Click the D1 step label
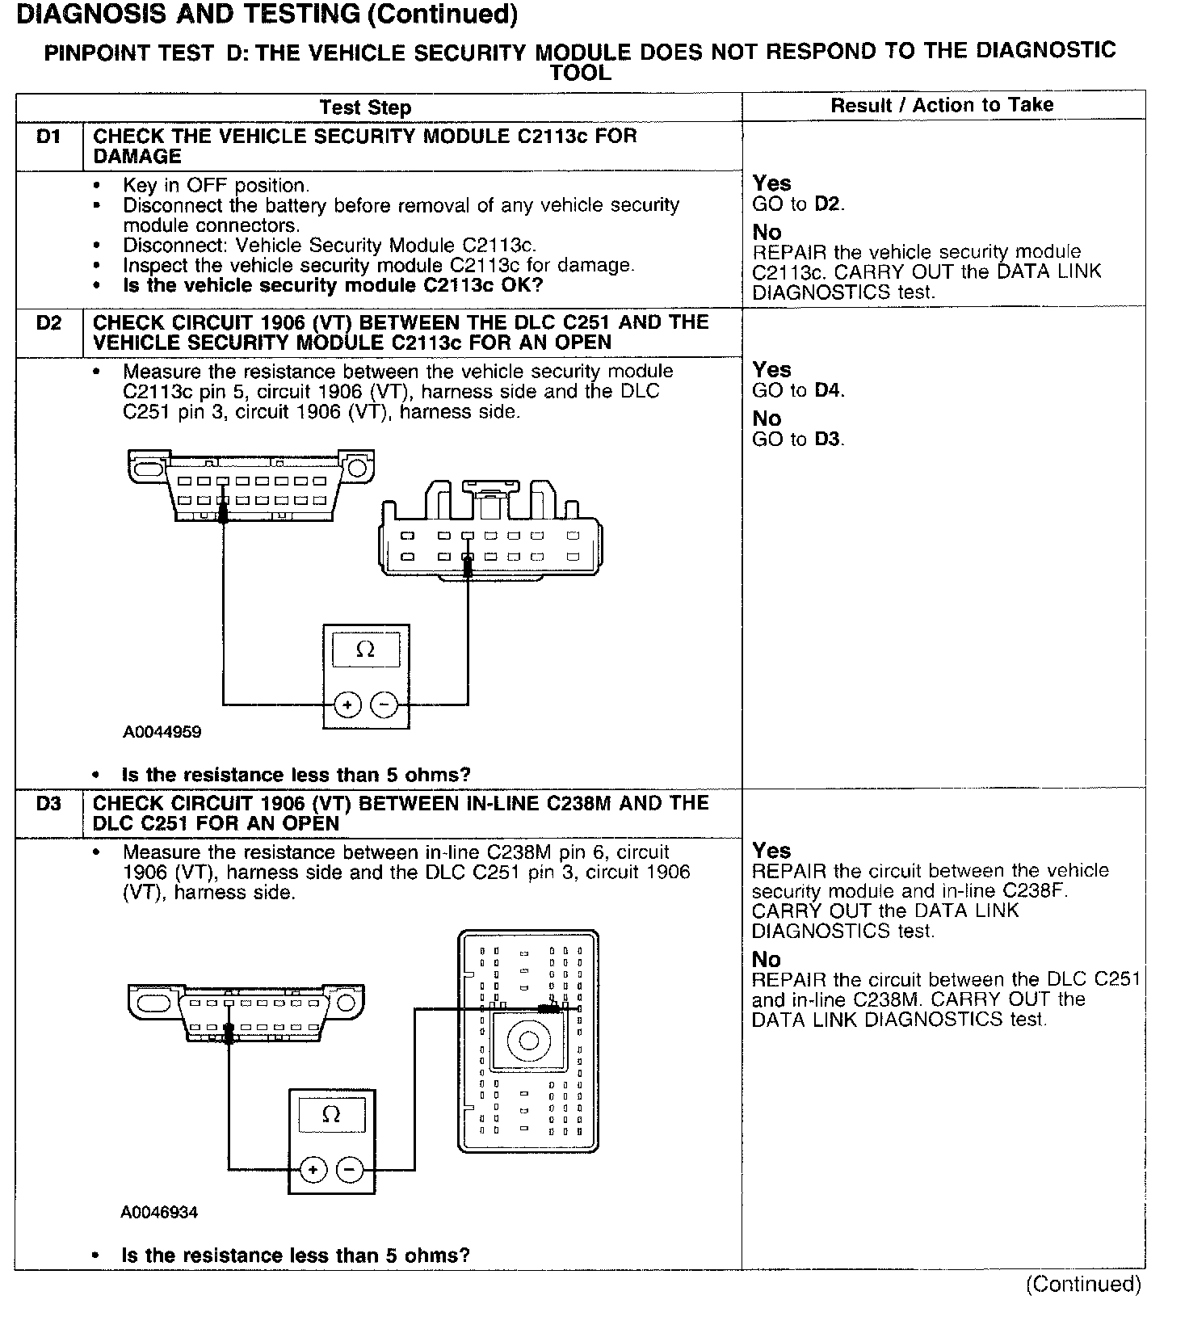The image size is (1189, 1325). pos(48,137)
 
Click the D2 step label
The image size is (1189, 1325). pos(48,323)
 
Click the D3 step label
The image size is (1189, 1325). pos(48,804)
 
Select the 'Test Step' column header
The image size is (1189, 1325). pos(365,107)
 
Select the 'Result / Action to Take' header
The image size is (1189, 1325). pos(942,105)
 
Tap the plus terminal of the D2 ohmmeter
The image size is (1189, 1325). pos(347,705)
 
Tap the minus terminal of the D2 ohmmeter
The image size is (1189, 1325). pos(384,705)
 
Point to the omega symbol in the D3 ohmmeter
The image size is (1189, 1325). pos(331,1115)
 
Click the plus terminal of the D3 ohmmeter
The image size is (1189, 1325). pos(313,1169)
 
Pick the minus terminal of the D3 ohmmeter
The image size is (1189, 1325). pos(349,1169)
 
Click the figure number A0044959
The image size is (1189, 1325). pos(162,733)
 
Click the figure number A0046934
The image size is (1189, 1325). pos(159,1213)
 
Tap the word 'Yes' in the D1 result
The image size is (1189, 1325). pos(771,183)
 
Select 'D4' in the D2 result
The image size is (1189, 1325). pos(828,391)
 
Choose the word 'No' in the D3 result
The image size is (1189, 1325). pos(766,960)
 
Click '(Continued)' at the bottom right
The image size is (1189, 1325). pos(1083,1285)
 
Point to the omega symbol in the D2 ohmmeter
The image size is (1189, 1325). pos(365,650)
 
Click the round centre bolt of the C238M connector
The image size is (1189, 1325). pos(528,1040)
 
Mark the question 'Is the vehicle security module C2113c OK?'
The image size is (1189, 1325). pos(333,286)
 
